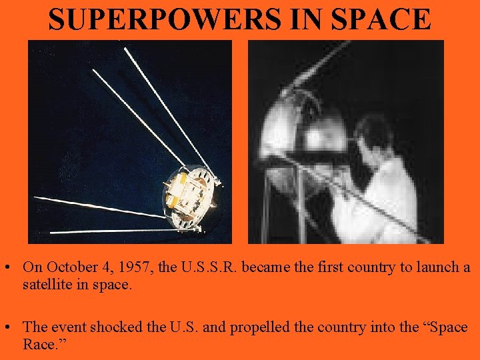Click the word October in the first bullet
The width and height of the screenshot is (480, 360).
(x=69, y=267)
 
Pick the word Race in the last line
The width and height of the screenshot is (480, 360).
(x=39, y=345)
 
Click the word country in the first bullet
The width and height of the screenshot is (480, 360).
(x=373, y=267)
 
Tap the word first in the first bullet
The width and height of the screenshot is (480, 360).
(x=335, y=267)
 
